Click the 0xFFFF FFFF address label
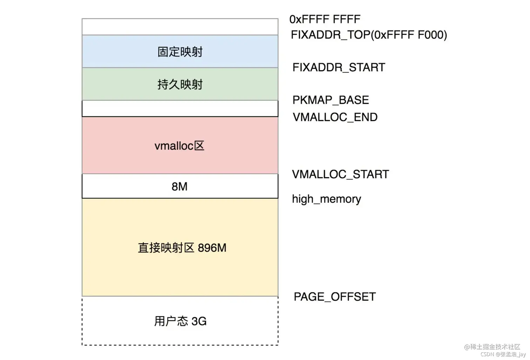325,19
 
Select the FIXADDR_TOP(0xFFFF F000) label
369,35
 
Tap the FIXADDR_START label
339,67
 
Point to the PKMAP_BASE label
331,100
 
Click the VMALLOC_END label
335,117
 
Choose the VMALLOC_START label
340,174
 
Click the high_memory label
326,199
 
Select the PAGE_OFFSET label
334,297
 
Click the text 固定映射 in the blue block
180,52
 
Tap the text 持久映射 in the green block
180,84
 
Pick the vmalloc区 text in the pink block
179,146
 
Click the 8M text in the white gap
179,186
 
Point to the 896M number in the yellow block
212,248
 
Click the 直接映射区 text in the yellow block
166,248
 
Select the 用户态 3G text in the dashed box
180,321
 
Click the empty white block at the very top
180,27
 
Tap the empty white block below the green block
180,108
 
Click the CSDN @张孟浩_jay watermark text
503,354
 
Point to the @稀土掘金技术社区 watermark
492,347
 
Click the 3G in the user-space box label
199,321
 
